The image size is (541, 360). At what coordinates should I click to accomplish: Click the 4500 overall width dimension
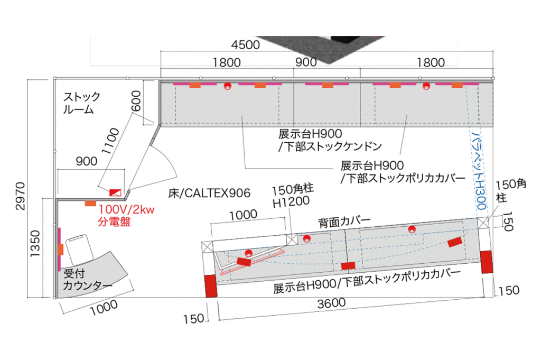pyautogui.click(x=246, y=45)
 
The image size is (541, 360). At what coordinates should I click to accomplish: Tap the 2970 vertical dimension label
pyautogui.click(x=20, y=196)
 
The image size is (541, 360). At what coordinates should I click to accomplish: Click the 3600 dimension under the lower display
pyautogui.click(x=332, y=303)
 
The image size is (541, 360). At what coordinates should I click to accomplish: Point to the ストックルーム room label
pyautogui.click(x=81, y=104)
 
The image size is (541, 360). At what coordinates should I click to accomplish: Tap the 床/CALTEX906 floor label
pyautogui.click(x=209, y=192)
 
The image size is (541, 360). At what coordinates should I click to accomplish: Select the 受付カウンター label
pyautogui.click(x=87, y=280)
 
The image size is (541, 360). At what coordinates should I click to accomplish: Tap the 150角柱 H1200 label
pyautogui.click(x=293, y=195)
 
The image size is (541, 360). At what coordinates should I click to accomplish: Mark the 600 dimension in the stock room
pyautogui.click(x=136, y=100)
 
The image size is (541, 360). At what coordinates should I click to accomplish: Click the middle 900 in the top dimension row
pyautogui.click(x=306, y=62)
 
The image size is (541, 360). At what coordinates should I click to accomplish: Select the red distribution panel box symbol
pyautogui.click(x=116, y=191)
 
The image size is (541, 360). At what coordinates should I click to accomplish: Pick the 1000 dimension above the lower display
pyautogui.click(x=244, y=215)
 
